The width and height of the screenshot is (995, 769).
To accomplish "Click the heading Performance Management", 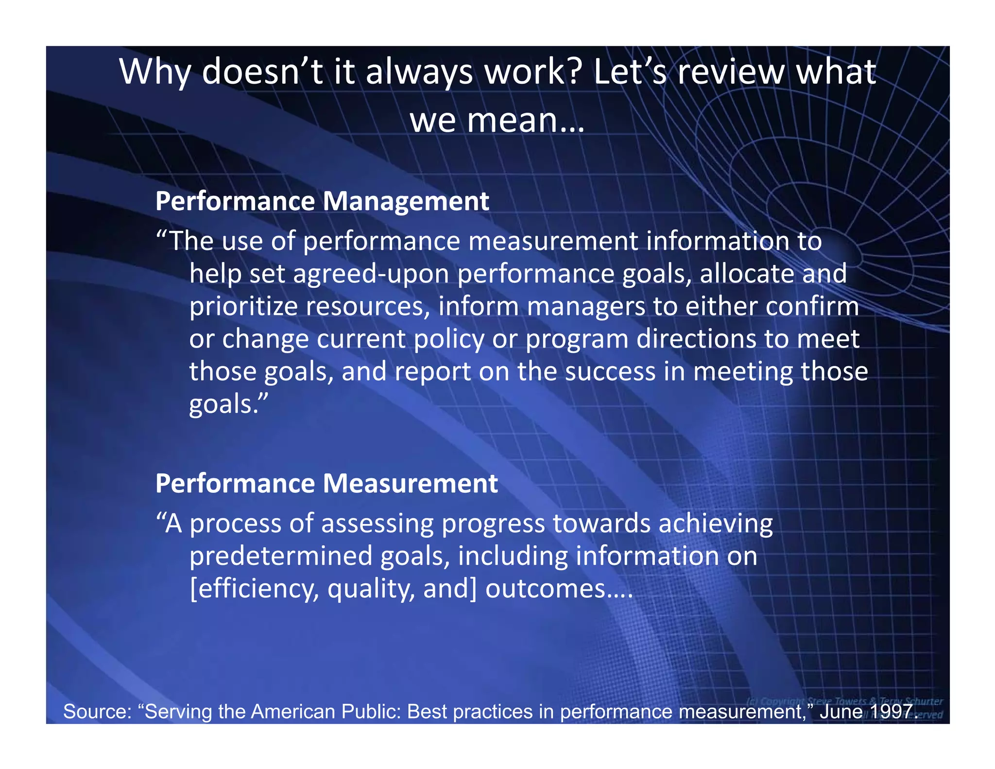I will tap(322, 201).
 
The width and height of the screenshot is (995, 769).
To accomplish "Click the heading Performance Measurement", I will tap(326, 484).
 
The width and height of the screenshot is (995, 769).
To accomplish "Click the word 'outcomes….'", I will tap(559, 589).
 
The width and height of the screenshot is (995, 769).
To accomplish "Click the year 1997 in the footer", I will tap(893, 712).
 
